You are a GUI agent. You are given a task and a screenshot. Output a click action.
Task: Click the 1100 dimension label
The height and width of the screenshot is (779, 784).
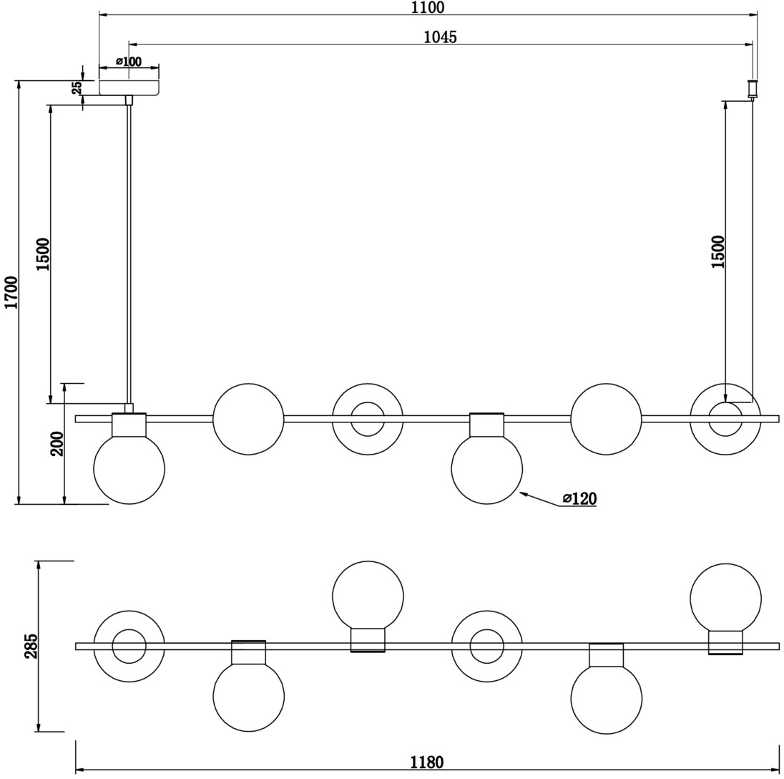[x=428, y=7]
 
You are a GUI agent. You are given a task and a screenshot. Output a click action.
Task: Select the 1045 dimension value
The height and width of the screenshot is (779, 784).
[x=441, y=37]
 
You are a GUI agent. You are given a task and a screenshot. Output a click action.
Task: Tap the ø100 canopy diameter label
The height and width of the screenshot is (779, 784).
[x=129, y=62]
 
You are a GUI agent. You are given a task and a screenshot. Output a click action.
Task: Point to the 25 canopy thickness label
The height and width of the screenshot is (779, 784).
[x=77, y=88]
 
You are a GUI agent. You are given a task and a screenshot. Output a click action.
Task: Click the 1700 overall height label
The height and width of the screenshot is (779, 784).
[x=11, y=292]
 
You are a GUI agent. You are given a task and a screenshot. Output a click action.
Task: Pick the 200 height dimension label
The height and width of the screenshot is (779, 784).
[x=58, y=443]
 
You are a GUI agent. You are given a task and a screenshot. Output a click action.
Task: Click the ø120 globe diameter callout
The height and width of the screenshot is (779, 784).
[x=579, y=498]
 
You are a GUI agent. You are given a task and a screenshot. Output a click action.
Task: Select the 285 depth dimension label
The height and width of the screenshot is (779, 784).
[x=31, y=646]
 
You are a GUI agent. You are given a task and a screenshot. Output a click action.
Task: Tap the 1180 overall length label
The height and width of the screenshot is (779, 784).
[x=427, y=762]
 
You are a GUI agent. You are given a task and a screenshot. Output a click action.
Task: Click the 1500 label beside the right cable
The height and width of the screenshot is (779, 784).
[x=718, y=251]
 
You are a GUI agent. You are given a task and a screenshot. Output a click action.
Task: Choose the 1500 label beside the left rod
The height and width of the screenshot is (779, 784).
[x=44, y=255]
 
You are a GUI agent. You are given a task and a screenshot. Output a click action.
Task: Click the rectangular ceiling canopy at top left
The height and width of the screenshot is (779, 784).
[x=129, y=87]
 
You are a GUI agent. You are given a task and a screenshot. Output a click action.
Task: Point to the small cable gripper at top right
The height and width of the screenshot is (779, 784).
[x=752, y=89]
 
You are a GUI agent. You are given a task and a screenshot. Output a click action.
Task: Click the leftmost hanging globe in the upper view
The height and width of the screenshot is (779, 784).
[x=129, y=469]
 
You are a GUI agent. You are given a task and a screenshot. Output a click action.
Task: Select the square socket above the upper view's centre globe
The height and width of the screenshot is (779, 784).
[x=486, y=425]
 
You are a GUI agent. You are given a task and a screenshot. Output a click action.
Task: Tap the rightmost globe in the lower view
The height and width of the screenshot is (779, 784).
[x=725, y=599]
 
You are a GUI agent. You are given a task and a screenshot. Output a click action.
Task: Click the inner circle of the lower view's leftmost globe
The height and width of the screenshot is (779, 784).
[x=129, y=647]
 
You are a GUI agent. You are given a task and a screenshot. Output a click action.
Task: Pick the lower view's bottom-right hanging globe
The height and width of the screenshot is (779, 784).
[x=606, y=698]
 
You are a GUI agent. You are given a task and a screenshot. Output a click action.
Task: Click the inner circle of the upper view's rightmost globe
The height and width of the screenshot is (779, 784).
[x=725, y=420]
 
